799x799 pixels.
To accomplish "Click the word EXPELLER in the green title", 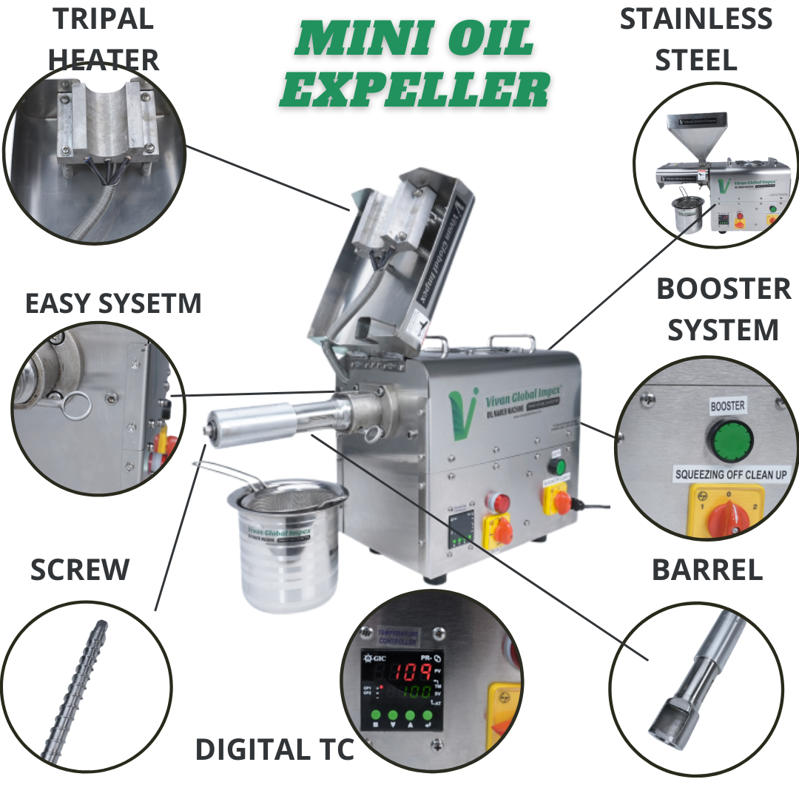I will (x=414, y=91).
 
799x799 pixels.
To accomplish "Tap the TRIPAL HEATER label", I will (x=104, y=38).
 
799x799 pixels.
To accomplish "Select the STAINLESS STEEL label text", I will (x=695, y=38).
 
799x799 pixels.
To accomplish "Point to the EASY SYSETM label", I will (x=113, y=303).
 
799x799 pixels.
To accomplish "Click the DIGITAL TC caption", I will (x=274, y=749).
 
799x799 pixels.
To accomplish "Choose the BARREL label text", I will (x=707, y=570).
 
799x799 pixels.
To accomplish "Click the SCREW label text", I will (x=80, y=570).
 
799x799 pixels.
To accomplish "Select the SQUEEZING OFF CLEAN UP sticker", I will (x=729, y=474).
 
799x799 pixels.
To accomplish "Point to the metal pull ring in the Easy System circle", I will (x=74, y=404).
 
